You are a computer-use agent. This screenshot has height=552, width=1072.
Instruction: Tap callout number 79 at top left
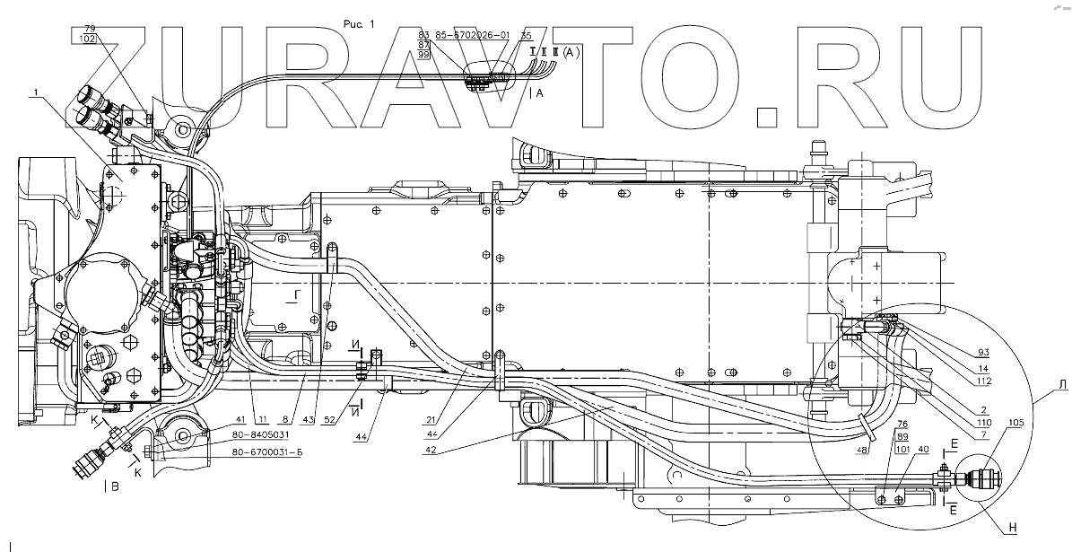tap(88, 30)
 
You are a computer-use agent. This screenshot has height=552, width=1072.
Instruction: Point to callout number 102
tap(88, 40)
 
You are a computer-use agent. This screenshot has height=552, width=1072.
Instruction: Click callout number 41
tap(216, 418)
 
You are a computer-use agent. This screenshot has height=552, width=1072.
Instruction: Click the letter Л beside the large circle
tap(1062, 385)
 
